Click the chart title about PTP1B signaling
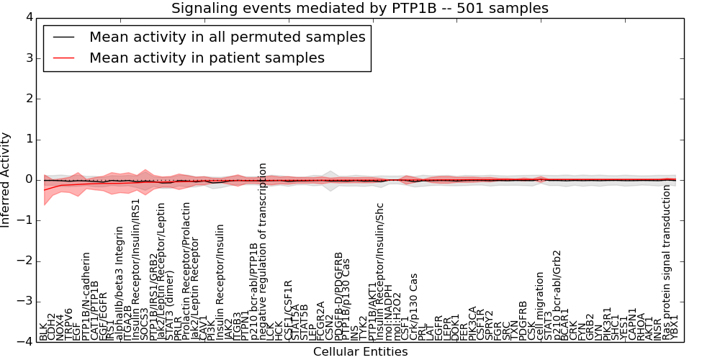pyautogui.click(x=359, y=9)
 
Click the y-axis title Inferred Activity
pyautogui.click(x=6, y=179)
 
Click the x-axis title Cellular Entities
pyautogui.click(x=360, y=352)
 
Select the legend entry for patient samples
pyautogui.click(x=207, y=58)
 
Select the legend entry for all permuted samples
pyautogui.click(x=227, y=37)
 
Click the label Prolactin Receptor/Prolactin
pyautogui.click(x=186, y=271)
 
